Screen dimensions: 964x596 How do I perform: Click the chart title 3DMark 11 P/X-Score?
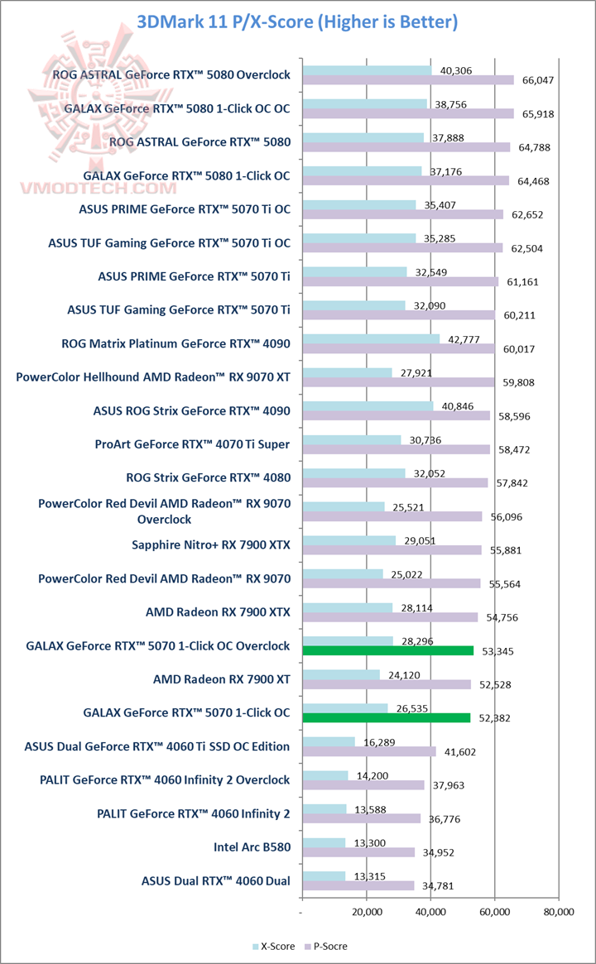pyautogui.click(x=297, y=22)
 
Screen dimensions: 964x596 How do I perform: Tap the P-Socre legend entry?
pyautogui.click(x=328, y=946)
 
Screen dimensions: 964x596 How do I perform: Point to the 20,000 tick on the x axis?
pyautogui.click(x=367, y=911)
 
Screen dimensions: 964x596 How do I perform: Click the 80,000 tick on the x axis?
pyautogui.click(x=559, y=911)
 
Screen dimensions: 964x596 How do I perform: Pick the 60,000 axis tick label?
pyautogui.click(x=494, y=911)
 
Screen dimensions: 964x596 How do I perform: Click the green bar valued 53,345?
pyautogui.click(x=388, y=650)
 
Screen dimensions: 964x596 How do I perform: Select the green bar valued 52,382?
pyautogui.click(x=387, y=717)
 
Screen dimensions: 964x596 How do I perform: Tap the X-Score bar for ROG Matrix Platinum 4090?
pyautogui.click(x=372, y=338)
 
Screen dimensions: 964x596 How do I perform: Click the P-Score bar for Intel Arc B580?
pyautogui.click(x=358, y=852)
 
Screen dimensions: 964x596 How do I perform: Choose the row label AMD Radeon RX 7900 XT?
pyautogui.click(x=222, y=679)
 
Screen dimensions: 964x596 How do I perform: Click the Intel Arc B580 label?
pyautogui.click(x=252, y=847)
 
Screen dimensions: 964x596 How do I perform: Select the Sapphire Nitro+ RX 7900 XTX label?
pyautogui.click(x=211, y=544)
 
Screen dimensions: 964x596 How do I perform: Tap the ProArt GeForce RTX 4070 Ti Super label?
pyautogui.click(x=192, y=444)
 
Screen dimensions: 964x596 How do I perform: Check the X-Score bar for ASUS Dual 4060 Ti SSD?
pyautogui.click(x=329, y=741)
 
